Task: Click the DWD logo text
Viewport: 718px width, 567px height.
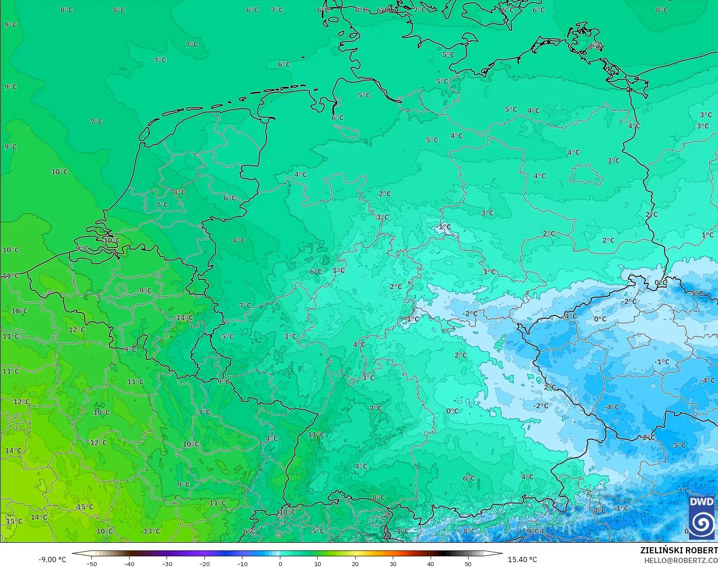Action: click(702, 502)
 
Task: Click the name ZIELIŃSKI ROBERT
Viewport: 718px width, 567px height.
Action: click(679, 551)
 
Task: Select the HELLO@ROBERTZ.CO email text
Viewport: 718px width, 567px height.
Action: click(681, 560)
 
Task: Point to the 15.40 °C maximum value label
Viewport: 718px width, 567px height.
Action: click(522, 560)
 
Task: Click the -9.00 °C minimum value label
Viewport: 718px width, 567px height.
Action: click(52, 560)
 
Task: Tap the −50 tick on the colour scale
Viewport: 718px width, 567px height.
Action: click(92, 563)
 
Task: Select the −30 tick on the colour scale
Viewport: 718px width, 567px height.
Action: click(167, 563)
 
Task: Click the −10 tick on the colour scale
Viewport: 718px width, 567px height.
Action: click(242, 563)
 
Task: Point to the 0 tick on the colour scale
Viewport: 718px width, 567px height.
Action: click(280, 563)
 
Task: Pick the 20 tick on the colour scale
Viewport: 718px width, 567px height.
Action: click(355, 563)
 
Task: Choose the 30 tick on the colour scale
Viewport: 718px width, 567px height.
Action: click(393, 563)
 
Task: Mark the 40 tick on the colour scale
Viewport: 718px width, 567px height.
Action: click(431, 563)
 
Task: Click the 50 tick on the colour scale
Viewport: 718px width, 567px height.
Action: click(468, 563)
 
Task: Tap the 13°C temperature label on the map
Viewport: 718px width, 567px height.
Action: click(152, 531)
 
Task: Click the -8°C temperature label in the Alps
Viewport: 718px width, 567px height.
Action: click(468, 531)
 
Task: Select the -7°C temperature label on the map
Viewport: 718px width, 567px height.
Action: click(599, 511)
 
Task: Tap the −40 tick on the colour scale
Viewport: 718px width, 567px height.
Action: click(129, 563)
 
